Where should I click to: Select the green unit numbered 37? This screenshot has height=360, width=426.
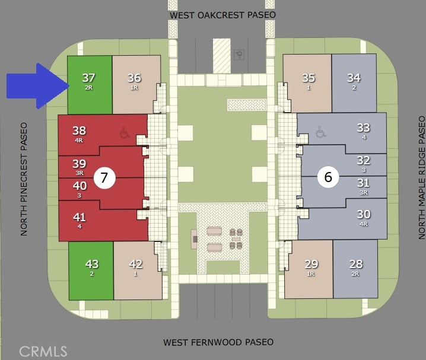click(90, 85)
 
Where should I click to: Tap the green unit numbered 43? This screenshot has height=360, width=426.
click(91, 270)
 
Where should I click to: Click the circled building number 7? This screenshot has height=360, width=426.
click(104, 178)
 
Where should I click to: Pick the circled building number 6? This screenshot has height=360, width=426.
click(328, 177)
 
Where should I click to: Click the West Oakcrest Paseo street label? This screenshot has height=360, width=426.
click(222, 15)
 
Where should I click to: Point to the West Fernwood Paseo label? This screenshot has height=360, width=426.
click(218, 342)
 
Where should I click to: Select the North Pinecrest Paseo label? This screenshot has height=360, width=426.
click(24, 179)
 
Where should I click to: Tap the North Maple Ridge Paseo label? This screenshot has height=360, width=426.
click(421, 177)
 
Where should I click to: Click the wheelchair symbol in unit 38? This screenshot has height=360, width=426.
click(124, 132)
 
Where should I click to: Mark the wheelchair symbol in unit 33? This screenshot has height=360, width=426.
click(320, 132)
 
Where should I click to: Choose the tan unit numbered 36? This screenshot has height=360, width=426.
click(136, 85)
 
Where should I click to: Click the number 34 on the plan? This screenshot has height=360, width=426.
click(354, 78)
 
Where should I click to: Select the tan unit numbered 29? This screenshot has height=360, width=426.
click(309, 269)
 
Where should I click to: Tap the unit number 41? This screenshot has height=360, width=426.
click(80, 217)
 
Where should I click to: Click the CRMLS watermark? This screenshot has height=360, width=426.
click(43, 351)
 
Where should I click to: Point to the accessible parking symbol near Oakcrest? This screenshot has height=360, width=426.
click(239, 55)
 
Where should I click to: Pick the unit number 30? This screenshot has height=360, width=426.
click(364, 214)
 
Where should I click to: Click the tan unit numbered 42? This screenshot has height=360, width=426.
click(138, 270)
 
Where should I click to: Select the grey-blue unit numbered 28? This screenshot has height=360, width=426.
click(355, 269)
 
